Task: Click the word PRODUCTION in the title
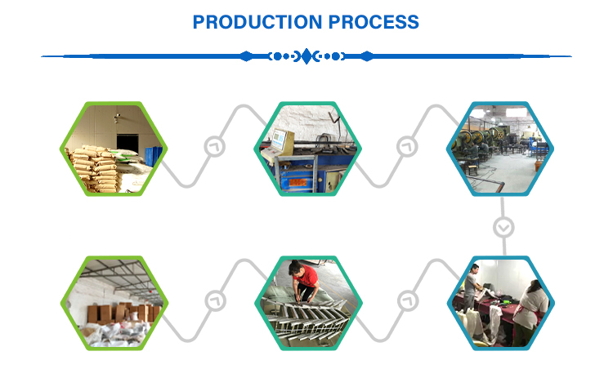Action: [257, 22]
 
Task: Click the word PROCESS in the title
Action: [374, 22]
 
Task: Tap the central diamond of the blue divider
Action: [306, 56]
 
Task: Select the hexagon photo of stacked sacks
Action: [114, 149]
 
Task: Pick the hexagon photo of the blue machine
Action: [307, 149]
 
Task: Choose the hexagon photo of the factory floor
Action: [500, 149]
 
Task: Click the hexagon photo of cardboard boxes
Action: [114, 303]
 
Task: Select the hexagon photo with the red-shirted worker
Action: [308, 303]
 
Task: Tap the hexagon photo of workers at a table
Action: [501, 303]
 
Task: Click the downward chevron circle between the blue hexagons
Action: [503, 227]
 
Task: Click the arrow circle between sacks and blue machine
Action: [215, 147]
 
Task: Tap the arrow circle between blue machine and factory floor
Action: [407, 147]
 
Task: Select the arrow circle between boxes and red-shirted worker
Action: [216, 301]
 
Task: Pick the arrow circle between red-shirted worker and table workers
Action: [408, 301]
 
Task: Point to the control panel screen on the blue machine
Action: [279, 140]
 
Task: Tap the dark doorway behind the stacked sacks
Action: [128, 144]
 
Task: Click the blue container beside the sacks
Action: [154, 156]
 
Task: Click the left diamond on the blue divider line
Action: [246, 56]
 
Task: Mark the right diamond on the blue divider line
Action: [367, 56]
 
